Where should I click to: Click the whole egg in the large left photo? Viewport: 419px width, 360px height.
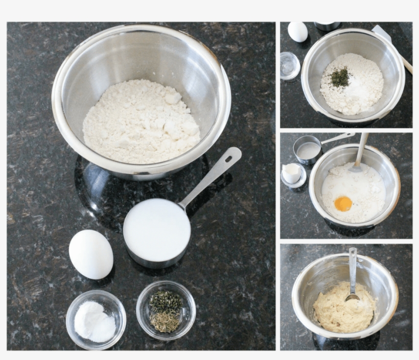(91, 254)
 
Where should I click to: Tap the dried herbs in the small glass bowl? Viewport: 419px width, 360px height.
(166, 310)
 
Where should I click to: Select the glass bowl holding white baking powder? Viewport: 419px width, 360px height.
(96, 319)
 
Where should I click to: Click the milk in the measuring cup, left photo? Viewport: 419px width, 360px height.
(156, 229)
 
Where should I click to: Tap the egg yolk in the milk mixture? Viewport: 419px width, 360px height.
(343, 203)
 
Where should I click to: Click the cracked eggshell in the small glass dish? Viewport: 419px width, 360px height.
(292, 173)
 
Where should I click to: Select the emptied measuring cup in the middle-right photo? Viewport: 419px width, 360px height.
(308, 150)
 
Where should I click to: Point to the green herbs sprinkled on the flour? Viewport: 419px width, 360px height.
(340, 77)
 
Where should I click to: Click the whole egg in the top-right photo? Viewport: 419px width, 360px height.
(297, 32)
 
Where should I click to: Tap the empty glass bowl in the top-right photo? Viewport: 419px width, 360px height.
(290, 65)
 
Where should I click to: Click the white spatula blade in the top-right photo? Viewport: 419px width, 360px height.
(381, 33)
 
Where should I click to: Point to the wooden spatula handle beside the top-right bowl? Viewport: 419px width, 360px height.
(407, 65)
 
